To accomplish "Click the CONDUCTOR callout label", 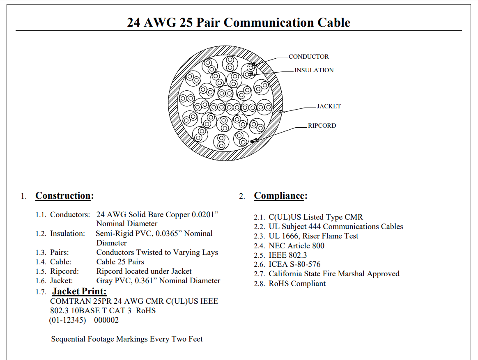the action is (x=308, y=57).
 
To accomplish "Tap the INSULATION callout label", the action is (x=314, y=70).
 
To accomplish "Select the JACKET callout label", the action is (x=329, y=106).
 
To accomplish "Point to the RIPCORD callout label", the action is (x=322, y=126).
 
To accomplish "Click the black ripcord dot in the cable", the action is (x=252, y=142).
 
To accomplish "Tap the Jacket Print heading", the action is (x=79, y=291).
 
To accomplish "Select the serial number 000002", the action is (x=106, y=320).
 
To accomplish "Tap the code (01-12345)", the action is (x=67, y=320).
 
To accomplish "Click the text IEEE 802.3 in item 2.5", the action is (x=287, y=255).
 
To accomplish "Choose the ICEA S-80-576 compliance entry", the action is (x=294, y=264).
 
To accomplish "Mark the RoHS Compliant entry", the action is (x=297, y=284).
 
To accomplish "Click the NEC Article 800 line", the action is (x=296, y=246).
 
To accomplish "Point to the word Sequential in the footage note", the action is (x=68, y=339).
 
